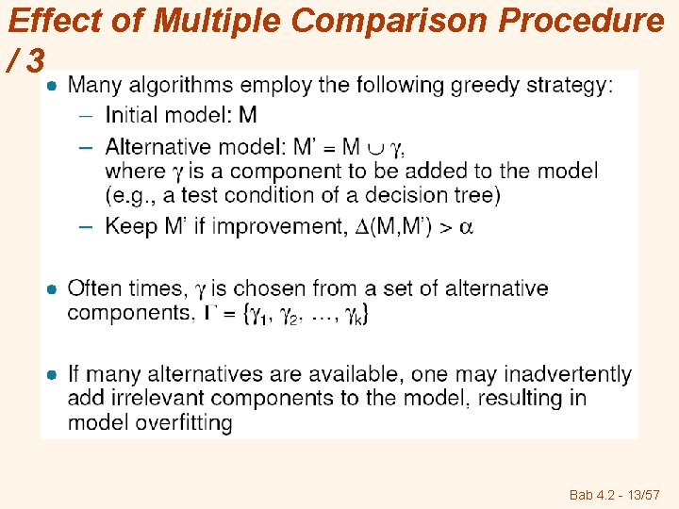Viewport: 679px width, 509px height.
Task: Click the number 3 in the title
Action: pos(34,61)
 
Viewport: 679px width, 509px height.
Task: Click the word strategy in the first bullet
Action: pos(570,86)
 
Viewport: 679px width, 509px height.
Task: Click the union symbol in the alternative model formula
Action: pos(374,147)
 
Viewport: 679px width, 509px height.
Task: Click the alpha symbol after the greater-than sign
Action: pos(466,226)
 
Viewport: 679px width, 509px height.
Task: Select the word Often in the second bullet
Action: pos(96,287)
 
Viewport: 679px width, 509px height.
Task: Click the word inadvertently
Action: pos(568,374)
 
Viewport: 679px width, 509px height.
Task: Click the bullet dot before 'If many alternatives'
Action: pos(54,375)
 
